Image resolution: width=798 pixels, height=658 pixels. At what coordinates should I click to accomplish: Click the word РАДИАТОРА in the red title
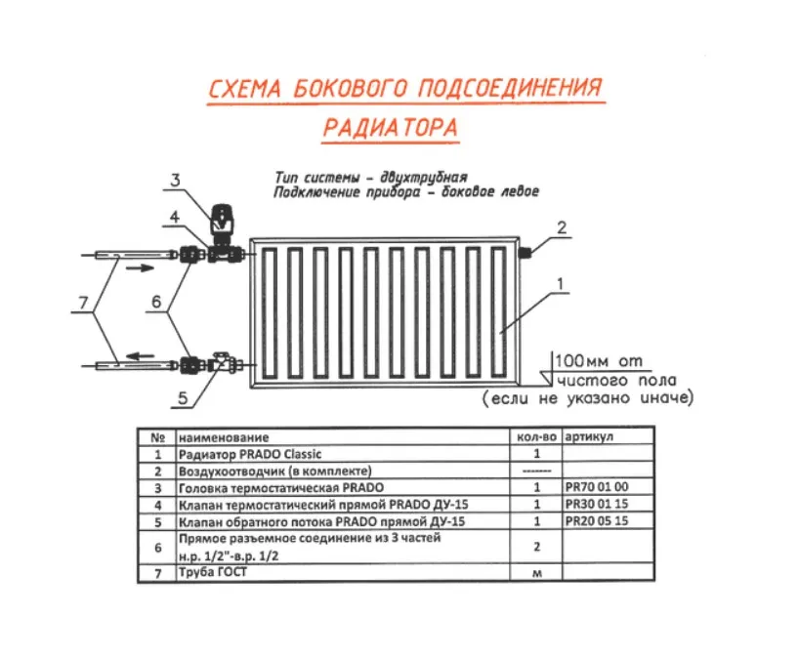coord(390,127)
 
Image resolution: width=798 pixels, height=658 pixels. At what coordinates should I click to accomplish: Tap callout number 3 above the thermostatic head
coord(175,180)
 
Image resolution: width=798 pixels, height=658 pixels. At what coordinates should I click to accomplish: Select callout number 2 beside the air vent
coord(561,227)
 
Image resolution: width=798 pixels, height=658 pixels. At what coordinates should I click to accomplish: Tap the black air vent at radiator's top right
coord(525,252)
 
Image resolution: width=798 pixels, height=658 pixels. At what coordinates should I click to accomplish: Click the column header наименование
coord(224,437)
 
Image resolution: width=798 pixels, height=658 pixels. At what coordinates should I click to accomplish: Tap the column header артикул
coord(591,437)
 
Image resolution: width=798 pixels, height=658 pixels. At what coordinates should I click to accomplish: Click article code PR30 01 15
coord(598,504)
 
